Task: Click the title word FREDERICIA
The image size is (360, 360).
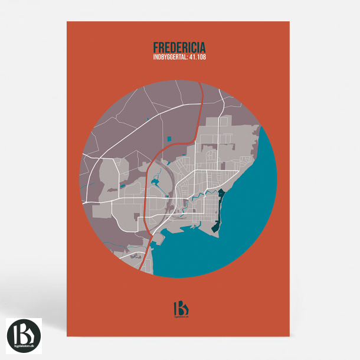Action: point(180,47)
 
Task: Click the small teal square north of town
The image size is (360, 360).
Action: point(169,139)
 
